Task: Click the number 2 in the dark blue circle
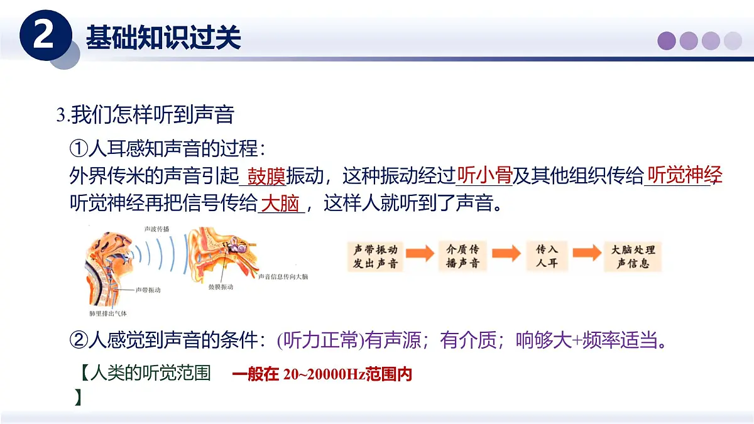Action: [x=43, y=36]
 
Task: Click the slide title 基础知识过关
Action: [x=163, y=38]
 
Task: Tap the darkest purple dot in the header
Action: [x=667, y=41]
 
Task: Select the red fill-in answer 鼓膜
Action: [x=266, y=176]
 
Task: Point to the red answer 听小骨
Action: [x=484, y=175]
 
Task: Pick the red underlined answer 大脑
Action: [x=280, y=204]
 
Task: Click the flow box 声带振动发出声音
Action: [x=375, y=256]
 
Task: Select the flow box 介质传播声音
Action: [x=462, y=256]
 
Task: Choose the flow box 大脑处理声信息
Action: [x=633, y=256]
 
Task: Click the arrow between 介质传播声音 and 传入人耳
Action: [x=506, y=254]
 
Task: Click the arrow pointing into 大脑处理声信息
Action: [x=587, y=254]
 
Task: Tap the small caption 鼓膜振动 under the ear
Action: [x=221, y=286]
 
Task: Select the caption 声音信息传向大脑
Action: [x=283, y=276]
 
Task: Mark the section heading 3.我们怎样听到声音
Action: [x=145, y=115]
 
